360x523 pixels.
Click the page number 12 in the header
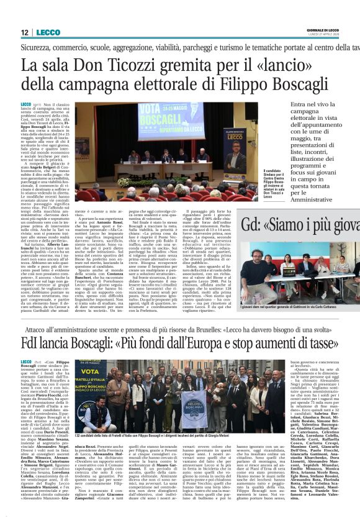pos(24,32)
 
